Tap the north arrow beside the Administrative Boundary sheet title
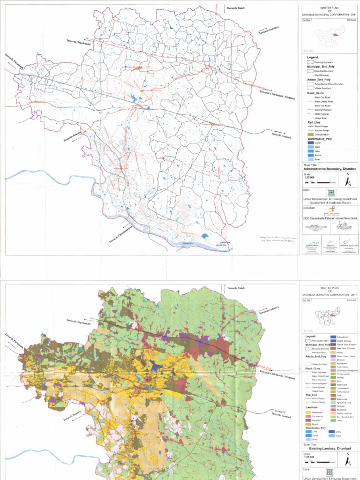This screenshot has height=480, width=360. tap(347, 180)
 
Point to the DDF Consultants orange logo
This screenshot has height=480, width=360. tap(332, 209)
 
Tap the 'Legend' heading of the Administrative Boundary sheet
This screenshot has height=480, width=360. tap(313, 57)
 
